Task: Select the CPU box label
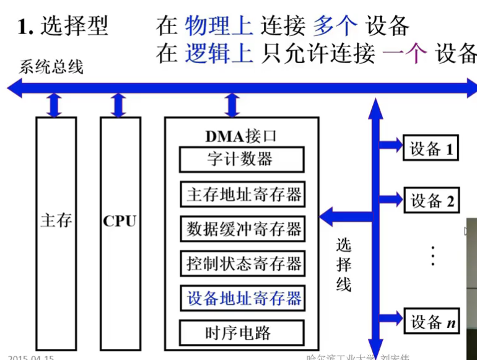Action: tap(120, 221)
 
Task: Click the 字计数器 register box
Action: tap(241, 160)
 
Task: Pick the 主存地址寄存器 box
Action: tap(242, 195)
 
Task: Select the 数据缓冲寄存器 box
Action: tap(242, 229)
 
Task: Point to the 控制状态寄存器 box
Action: tap(242, 264)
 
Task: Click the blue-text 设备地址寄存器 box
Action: tap(242, 298)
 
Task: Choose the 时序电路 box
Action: tap(241, 333)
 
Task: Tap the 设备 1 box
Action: tap(432, 149)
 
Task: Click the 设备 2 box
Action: tap(432, 201)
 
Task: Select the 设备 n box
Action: tap(432, 322)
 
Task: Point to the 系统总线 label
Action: tap(51, 67)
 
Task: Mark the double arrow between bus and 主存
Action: tap(55, 105)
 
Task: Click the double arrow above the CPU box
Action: tap(118, 105)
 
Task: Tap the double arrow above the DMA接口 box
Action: tap(232, 105)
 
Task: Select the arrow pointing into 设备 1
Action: tap(390, 146)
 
